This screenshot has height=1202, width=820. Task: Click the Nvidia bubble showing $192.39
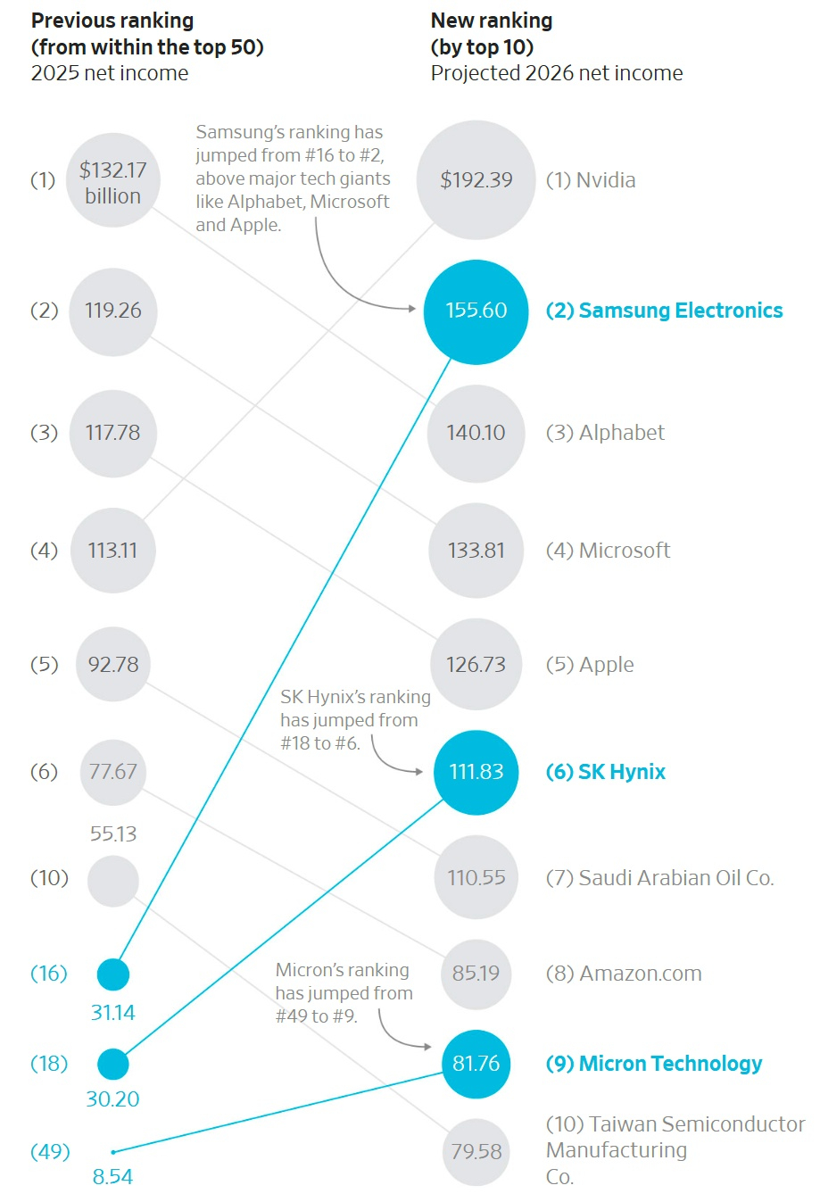coord(476,179)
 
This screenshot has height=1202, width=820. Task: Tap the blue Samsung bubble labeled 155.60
coord(476,311)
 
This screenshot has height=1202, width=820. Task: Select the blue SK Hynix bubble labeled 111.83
coord(476,772)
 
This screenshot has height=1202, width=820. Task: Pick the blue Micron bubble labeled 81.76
coord(476,1064)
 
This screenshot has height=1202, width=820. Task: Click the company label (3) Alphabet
coord(605,433)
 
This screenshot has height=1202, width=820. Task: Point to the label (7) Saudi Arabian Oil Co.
coord(659,878)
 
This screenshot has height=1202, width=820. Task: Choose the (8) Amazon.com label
coord(624,974)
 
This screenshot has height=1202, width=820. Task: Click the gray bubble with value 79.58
coord(476,1152)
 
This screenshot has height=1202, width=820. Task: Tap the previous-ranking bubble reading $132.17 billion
coord(113,181)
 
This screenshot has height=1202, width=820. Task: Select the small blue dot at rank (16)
coord(113,974)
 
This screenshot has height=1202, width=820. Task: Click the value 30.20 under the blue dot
coord(112,1099)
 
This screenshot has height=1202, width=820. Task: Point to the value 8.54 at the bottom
coord(112,1177)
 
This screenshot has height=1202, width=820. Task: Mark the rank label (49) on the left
coord(50,1152)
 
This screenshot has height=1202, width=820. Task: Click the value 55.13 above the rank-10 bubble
coord(113,834)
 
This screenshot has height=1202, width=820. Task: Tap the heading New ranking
coord(492,21)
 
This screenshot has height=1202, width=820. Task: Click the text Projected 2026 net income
coord(557,73)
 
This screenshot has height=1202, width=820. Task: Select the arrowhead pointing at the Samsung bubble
coord(412,309)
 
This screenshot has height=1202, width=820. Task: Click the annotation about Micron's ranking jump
coord(344,993)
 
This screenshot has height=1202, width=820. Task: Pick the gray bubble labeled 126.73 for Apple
coord(476,665)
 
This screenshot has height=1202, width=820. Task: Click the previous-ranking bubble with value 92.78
coord(113,665)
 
